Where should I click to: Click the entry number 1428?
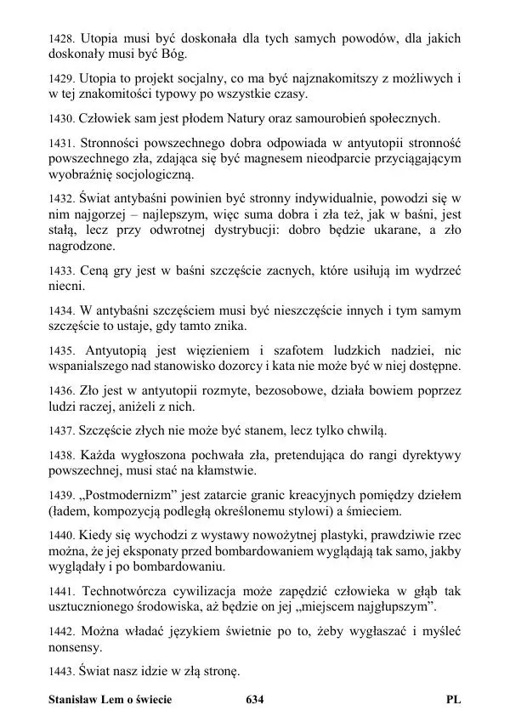point(62,39)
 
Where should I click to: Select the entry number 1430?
point(62,118)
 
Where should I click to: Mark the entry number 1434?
point(62,310)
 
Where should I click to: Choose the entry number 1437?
point(62,431)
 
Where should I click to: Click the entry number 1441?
point(62,591)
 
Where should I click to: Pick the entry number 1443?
point(62,672)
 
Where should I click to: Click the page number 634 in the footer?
point(254,700)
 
